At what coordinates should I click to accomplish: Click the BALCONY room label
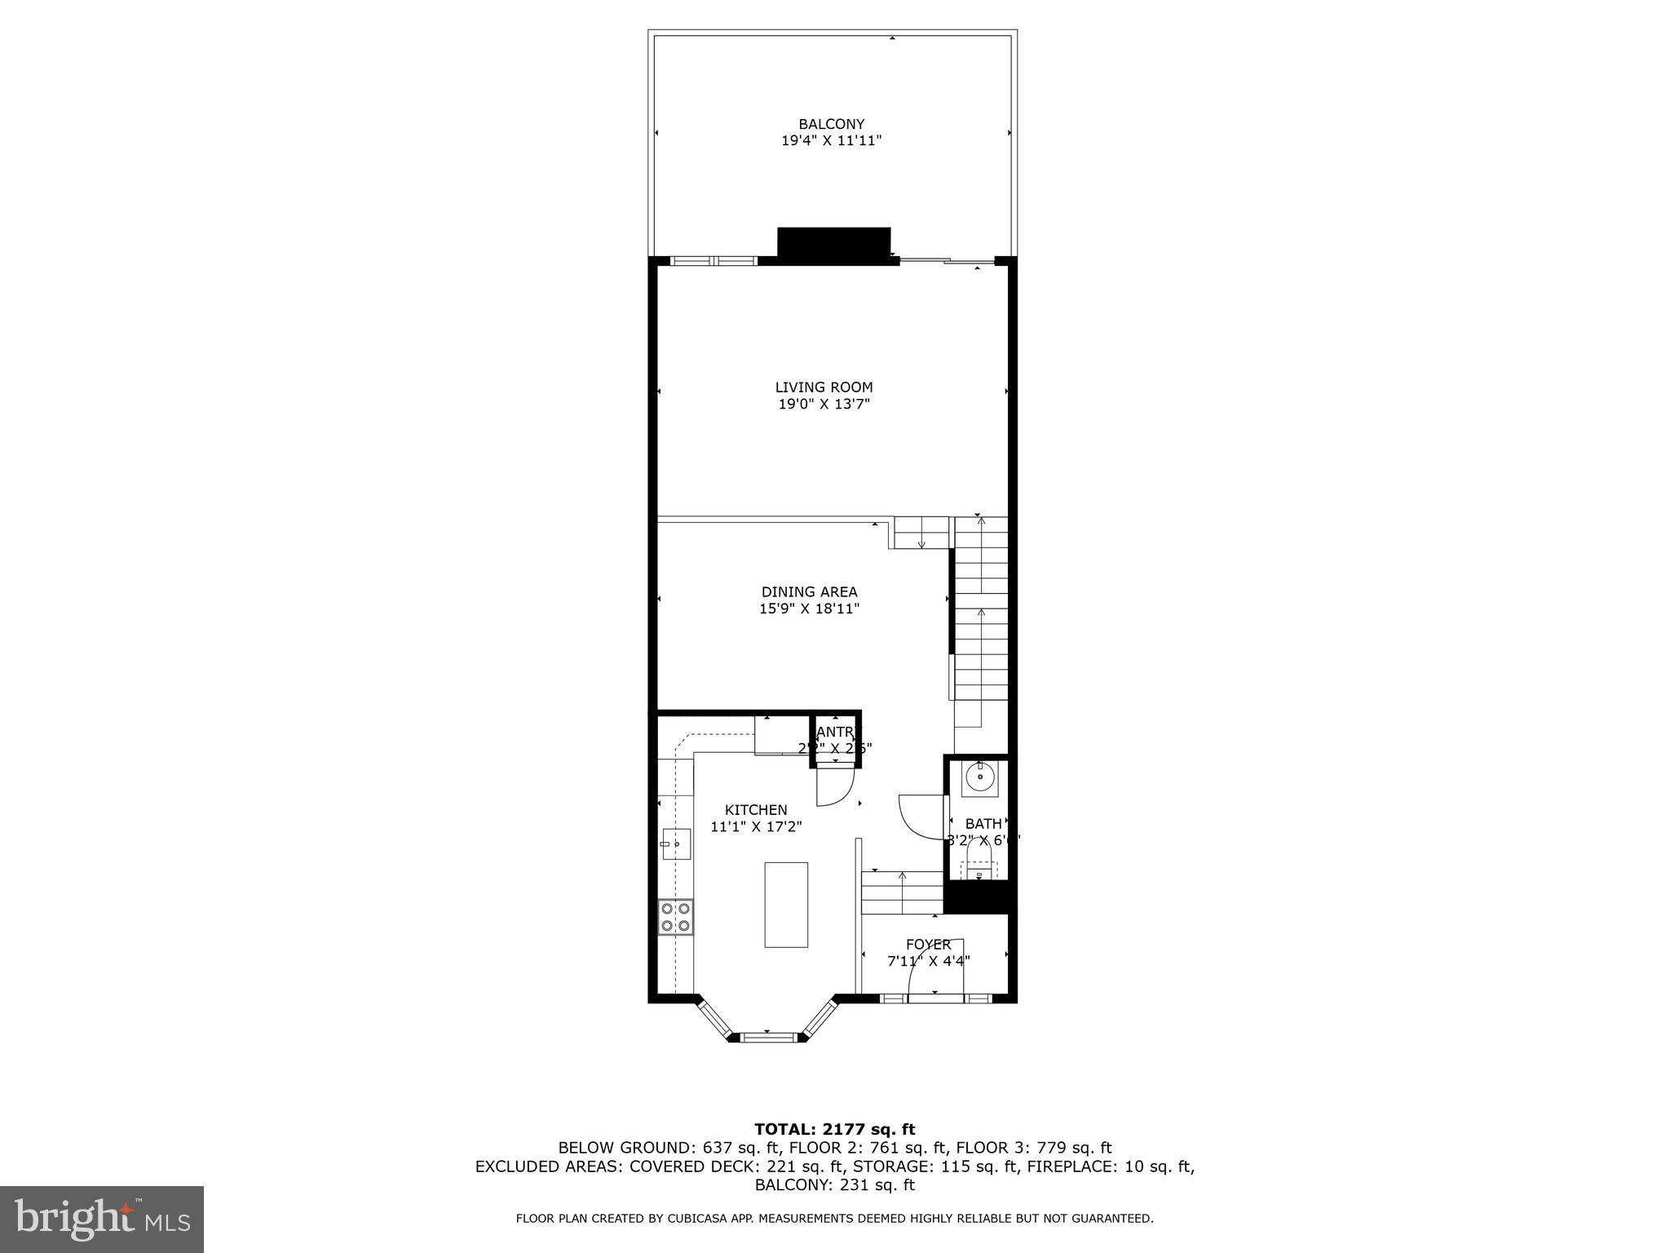(831, 125)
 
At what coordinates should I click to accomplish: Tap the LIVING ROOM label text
(824, 387)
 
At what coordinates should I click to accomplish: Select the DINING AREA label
(809, 592)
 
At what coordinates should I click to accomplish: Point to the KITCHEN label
(756, 810)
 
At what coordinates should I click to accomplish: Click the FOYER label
(928, 945)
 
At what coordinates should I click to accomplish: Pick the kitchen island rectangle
(786, 905)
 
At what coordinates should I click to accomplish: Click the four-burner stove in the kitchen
(675, 916)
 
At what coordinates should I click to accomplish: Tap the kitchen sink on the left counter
(676, 843)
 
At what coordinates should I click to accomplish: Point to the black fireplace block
(833, 245)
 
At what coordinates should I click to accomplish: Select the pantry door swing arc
(835, 787)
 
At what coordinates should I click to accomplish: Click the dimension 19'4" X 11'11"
(831, 141)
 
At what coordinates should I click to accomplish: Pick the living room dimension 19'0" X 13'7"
(824, 404)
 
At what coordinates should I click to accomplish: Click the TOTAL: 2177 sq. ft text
(834, 1129)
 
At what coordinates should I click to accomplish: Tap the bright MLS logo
(102, 1220)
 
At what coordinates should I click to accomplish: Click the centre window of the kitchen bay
(767, 1037)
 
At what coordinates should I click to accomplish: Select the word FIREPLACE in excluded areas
(1071, 1167)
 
